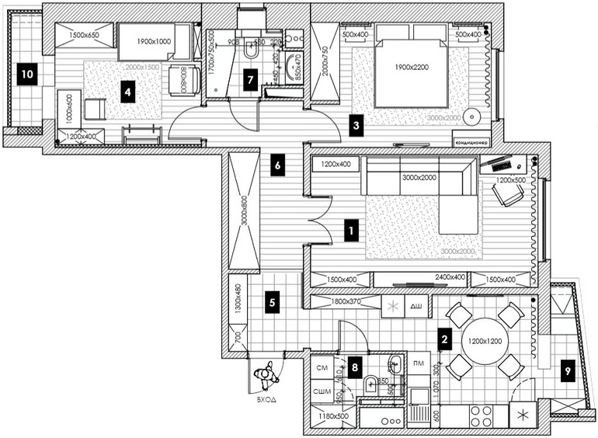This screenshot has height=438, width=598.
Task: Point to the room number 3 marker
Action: tap(356, 124)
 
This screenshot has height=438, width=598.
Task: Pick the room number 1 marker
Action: tap(351, 230)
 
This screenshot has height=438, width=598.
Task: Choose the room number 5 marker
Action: tap(272, 304)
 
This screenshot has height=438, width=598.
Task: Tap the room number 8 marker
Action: tap(354, 366)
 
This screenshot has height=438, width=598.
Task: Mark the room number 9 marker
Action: tap(567, 372)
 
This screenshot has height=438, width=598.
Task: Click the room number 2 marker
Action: tap(444, 339)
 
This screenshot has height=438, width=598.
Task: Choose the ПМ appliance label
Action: tap(418, 363)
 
